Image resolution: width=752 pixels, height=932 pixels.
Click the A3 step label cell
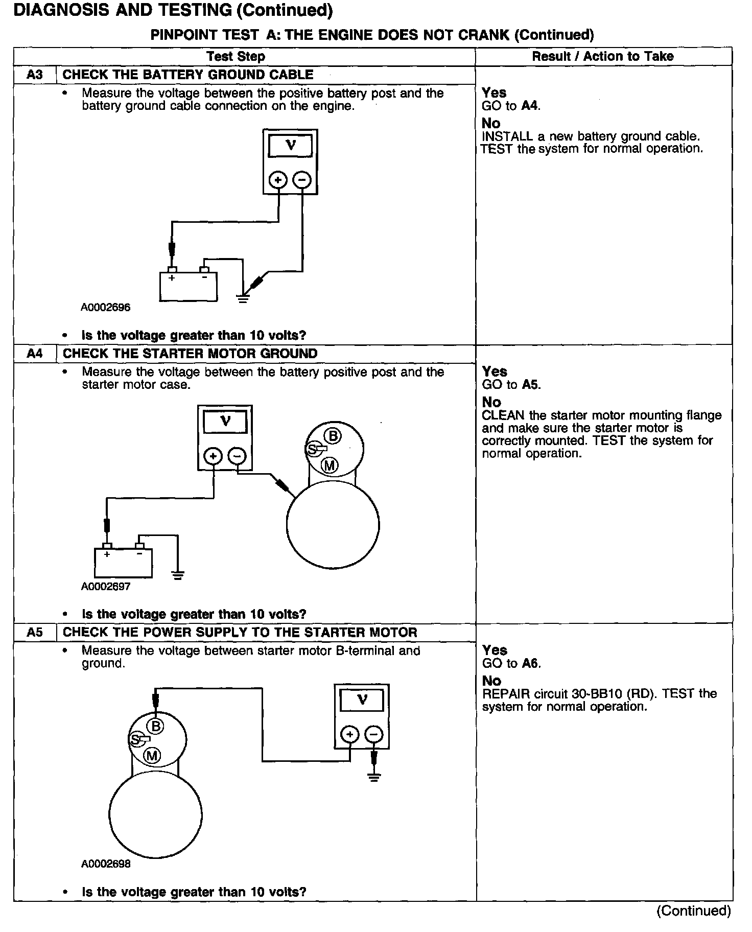35,75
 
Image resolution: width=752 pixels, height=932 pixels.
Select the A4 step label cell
35,354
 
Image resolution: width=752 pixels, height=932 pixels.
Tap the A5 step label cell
35,633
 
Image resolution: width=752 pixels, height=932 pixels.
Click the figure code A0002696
105,308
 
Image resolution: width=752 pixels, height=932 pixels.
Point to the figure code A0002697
106,587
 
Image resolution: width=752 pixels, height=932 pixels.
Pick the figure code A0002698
106,864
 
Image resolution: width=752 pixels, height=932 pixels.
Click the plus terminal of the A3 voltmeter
278,180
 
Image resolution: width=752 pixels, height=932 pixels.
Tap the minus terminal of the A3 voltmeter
302,180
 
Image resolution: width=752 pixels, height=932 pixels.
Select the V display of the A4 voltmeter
225,422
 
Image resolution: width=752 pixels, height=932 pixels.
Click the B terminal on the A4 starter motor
333,436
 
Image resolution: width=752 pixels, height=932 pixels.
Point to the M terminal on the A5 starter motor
152,755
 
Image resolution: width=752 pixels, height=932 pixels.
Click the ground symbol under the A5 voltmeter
374,778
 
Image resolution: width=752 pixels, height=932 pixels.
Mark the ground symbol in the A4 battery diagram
178,576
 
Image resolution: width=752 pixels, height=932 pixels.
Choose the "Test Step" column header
236,56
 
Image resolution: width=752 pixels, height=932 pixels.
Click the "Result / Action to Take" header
603,56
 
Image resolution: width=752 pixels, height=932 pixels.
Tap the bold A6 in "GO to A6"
531,663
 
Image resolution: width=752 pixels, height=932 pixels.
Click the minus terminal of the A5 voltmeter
374,735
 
